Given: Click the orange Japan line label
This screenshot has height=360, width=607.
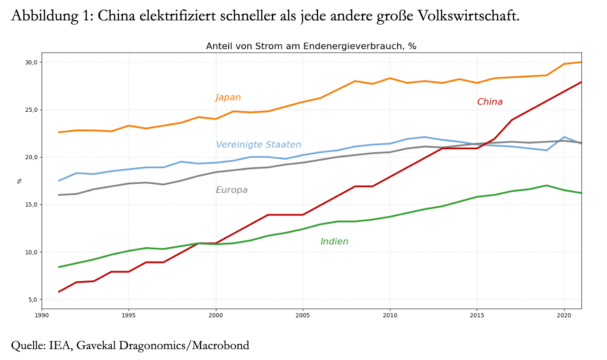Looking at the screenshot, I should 228,98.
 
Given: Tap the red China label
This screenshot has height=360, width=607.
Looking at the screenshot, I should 490,102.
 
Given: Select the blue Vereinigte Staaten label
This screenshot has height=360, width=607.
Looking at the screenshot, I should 259,145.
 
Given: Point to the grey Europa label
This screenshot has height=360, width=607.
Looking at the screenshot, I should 232,190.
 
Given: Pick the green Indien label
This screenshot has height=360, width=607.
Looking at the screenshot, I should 334,242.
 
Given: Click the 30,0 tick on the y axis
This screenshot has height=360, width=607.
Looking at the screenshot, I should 31,63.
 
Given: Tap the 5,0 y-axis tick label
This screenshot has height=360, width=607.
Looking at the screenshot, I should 33,299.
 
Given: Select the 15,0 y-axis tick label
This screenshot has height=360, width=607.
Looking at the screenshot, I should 31,205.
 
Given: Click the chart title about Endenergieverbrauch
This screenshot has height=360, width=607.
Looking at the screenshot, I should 311,46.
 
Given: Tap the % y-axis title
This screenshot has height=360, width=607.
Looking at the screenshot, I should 20,181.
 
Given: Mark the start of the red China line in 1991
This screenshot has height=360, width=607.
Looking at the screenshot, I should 59,292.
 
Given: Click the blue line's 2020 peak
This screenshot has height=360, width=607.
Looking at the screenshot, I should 564,137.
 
